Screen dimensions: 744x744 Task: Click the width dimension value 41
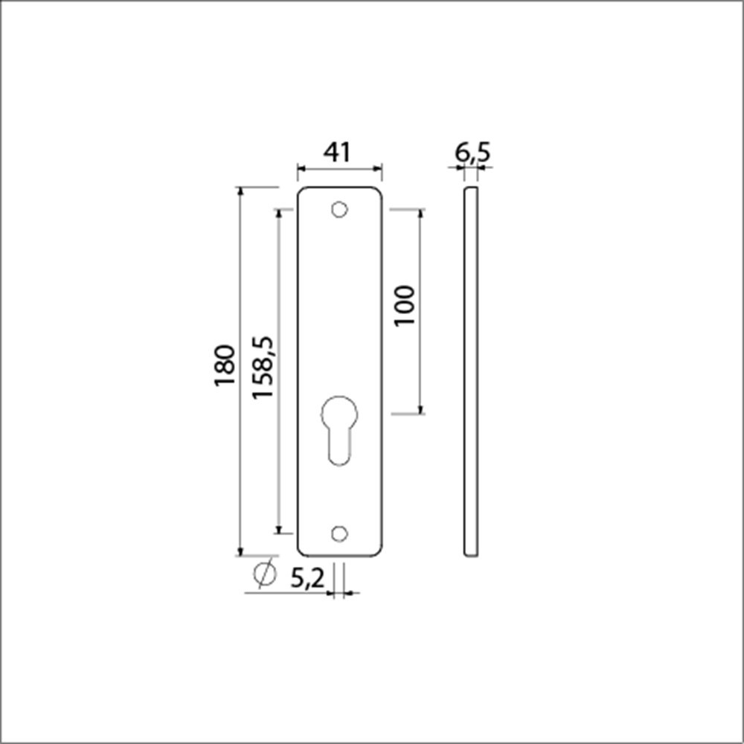[x=336, y=153]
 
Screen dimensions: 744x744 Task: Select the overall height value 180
[x=225, y=365]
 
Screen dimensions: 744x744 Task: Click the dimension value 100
[x=405, y=305]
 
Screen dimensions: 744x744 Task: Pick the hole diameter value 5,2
[x=307, y=578]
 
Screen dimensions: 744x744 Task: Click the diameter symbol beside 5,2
[x=264, y=574]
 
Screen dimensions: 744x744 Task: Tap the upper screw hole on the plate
[x=339, y=210]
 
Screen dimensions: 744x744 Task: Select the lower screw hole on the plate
[x=339, y=533]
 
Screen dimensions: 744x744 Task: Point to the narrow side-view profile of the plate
[x=470, y=372]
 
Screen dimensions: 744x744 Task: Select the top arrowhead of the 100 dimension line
[x=420, y=214]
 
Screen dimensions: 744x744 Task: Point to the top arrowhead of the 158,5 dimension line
[x=279, y=214]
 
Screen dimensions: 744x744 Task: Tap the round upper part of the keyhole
[x=339, y=414]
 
